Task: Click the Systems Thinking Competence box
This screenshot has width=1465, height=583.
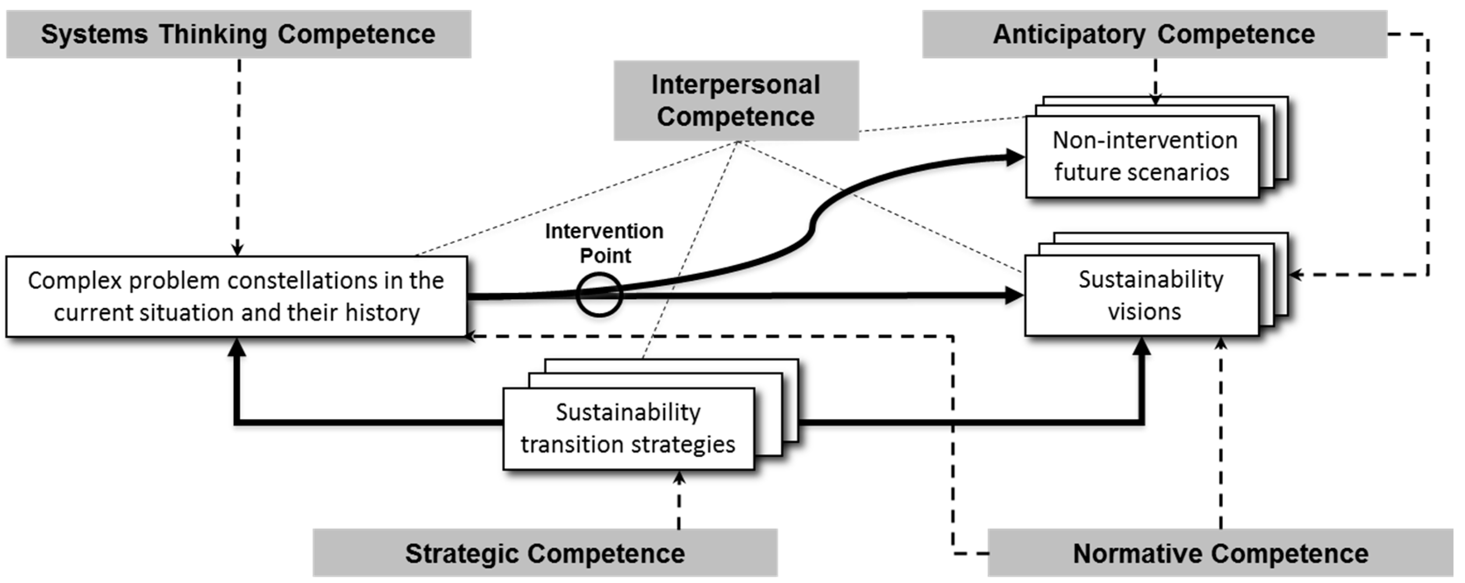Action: pos(238,34)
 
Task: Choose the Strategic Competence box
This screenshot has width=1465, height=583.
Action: pos(544,553)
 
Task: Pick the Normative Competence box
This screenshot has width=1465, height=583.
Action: pos(1220,553)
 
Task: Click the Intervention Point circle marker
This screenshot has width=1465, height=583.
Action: pos(599,294)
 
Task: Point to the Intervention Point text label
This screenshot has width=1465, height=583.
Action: pos(604,243)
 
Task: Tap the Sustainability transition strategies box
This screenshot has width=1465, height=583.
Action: pos(629,428)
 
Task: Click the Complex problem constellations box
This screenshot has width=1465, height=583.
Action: pos(236,296)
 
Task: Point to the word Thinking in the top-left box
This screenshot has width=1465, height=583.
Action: pos(213,34)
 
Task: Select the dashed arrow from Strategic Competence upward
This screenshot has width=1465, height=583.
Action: pos(679,500)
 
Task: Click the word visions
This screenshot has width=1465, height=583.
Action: pos(1144,312)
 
